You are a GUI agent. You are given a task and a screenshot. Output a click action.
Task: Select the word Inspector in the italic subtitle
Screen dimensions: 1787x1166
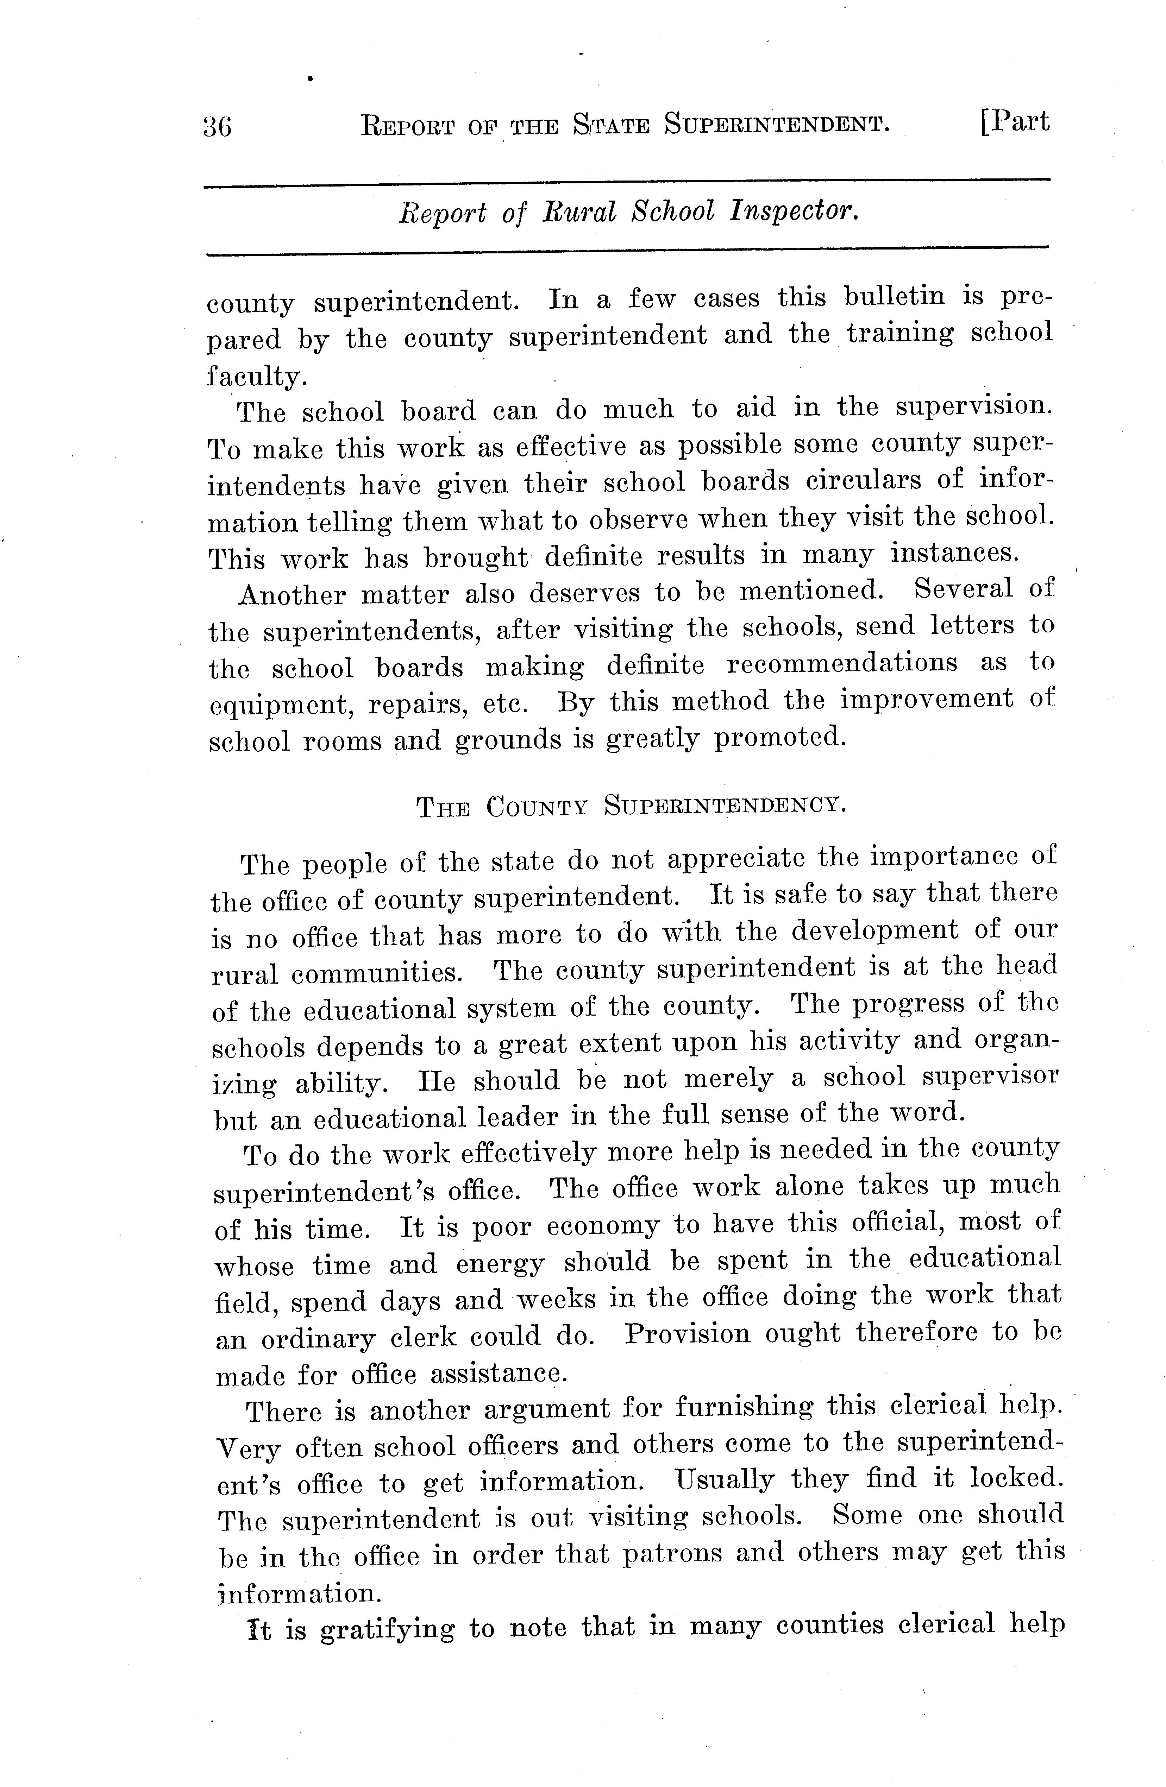(794, 213)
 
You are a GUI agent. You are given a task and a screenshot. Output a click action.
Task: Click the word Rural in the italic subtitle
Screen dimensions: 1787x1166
(579, 213)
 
